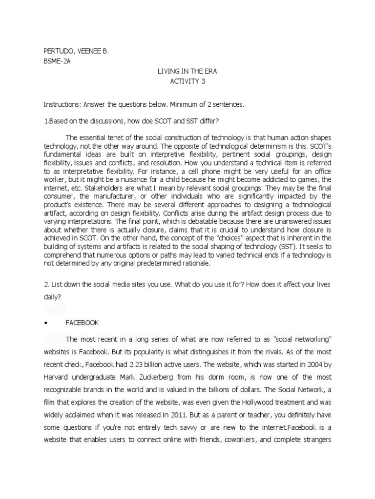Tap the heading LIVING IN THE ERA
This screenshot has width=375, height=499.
coord(187,71)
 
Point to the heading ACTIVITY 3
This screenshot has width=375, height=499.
coord(187,81)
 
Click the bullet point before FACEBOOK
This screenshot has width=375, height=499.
coord(45,323)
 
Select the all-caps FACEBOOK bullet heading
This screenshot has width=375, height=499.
coord(83,323)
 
